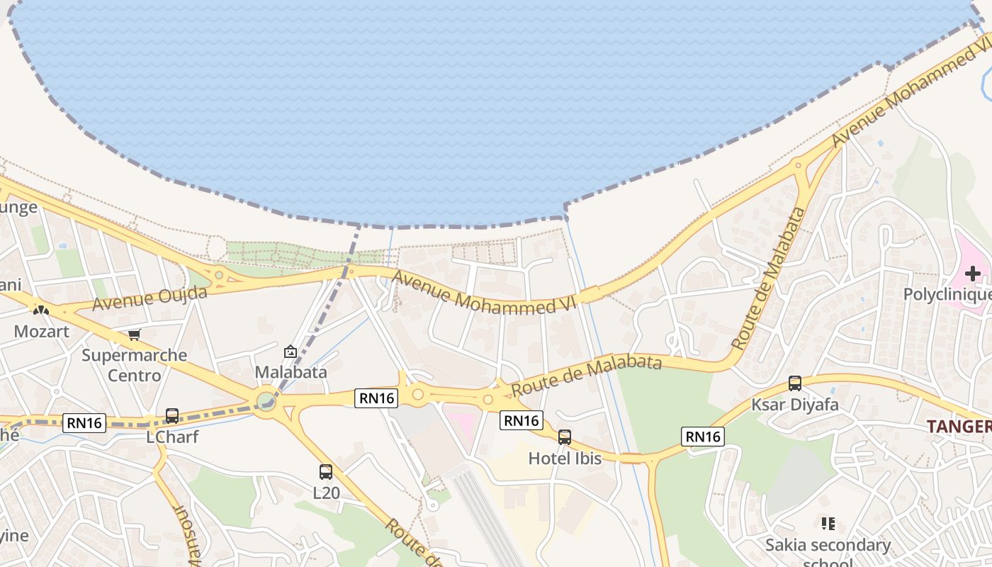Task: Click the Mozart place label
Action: coord(42,331)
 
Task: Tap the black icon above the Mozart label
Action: coord(41,310)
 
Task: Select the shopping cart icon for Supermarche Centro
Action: coord(135,335)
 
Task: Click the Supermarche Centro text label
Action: coord(135,364)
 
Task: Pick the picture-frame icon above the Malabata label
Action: coord(290,351)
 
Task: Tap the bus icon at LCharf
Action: coord(171,416)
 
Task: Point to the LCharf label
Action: coord(172,437)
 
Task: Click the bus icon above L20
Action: coord(326,471)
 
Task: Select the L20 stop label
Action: coord(326,491)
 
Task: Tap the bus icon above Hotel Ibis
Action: coord(565,437)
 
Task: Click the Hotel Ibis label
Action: coord(565,459)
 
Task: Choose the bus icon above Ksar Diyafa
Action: coord(795,383)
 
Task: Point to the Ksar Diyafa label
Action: coord(795,405)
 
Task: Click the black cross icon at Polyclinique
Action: coord(973,274)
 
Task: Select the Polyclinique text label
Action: coord(947,294)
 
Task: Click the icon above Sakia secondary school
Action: coord(828,524)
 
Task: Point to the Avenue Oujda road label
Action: coord(150,298)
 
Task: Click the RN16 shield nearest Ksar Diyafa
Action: coord(703,436)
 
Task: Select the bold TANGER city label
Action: coord(959,426)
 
